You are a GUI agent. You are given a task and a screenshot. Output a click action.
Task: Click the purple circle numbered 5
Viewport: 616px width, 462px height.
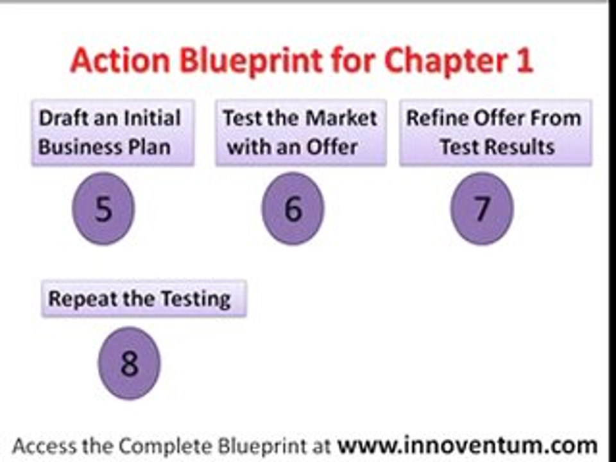click(x=103, y=208)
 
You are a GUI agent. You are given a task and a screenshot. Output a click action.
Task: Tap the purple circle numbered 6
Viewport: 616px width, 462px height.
click(x=293, y=208)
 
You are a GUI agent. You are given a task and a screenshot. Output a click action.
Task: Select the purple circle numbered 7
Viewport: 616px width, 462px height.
click(x=482, y=208)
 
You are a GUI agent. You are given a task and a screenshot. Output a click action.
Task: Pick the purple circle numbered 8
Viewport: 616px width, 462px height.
click(x=129, y=363)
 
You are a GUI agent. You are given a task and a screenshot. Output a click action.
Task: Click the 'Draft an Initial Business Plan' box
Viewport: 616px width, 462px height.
click(x=113, y=133)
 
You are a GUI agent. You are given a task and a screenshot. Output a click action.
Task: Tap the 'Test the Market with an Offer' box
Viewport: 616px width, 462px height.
click(x=301, y=133)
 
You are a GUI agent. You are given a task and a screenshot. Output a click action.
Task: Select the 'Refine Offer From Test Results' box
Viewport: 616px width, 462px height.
click(x=496, y=133)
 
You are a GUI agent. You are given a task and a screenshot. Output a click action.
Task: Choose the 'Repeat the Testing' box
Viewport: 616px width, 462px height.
click(x=144, y=298)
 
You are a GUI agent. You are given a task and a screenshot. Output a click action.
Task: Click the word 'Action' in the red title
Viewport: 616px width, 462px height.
click(x=120, y=61)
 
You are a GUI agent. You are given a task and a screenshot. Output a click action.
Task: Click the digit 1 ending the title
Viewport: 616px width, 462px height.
click(x=524, y=61)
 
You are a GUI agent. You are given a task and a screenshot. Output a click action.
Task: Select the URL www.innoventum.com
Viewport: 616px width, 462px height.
click(x=468, y=445)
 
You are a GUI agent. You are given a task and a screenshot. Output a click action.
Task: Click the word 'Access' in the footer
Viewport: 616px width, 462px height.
click(x=44, y=446)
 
